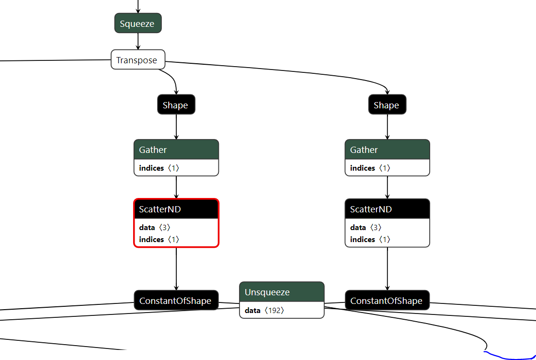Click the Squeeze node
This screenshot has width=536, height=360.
click(138, 23)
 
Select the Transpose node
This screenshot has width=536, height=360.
click(138, 60)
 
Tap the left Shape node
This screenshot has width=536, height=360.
click(176, 105)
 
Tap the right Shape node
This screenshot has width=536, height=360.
click(387, 105)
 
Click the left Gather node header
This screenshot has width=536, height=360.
click(176, 150)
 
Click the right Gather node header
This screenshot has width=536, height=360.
click(387, 150)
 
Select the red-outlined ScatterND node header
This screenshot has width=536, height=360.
click(176, 209)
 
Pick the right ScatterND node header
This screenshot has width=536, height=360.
click(387, 209)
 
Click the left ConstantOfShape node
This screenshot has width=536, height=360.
click(176, 301)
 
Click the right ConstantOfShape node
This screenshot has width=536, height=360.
click(387, 301)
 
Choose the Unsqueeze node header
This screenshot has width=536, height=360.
click(282, 292)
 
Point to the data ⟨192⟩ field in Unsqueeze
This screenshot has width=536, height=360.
click(265, 310)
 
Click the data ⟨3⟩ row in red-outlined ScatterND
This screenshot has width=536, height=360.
click(155, 228)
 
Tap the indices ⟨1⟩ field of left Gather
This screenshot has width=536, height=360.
click(159, 168)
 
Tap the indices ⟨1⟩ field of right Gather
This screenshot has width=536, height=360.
click(370, 168)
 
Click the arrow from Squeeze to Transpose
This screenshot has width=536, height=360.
click(138, 41)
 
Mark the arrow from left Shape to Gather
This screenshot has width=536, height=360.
click(176, 127)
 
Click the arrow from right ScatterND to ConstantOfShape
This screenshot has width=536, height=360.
click(388, 268)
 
